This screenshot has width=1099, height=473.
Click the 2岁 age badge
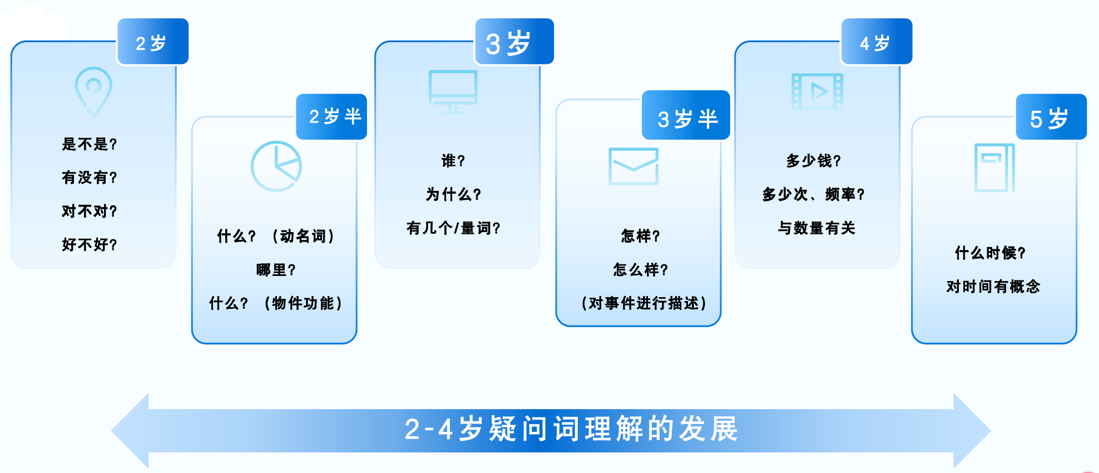tap(153, 42)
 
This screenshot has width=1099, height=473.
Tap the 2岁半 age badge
tap(331, 116)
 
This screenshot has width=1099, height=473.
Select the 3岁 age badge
tap(514, 42)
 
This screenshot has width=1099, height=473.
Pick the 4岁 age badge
tap(877, 42)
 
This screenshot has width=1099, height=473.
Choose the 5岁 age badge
tap(1051, 116)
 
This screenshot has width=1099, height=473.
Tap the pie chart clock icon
tap(276, 166)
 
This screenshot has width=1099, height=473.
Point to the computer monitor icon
tap(453, 92)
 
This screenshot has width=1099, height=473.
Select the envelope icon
tap(633, 166)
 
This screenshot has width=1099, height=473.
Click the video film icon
tap(817, 91)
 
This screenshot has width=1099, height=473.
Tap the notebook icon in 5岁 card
tap(994, 168)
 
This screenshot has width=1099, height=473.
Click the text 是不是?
tap(90, 144)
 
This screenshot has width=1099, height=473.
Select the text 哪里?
tap(276, 270)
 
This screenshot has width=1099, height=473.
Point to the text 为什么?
tap(453, 194)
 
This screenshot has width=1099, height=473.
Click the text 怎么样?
tap(641, 270)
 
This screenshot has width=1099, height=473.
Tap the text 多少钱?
tap(814, 161)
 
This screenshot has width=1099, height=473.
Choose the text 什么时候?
tap(991, 253)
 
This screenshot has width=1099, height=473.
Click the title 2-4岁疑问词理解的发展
tap(571, 429)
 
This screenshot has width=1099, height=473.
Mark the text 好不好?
tap(90, 244)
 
